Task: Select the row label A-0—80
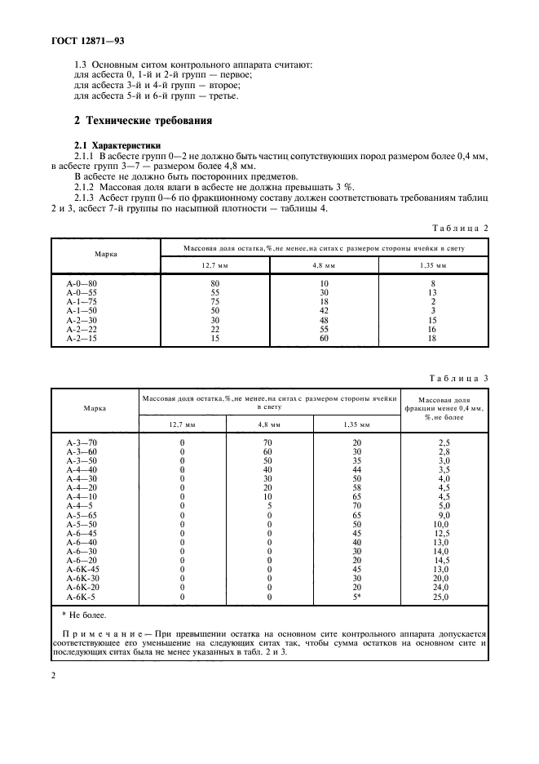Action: [x=82, y=284]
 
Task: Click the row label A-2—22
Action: [x=82, y=329]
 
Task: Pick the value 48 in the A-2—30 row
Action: [x=325, y=321]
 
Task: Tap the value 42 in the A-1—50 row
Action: [x=325, y=311]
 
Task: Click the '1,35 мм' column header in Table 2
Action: [x=433, y=265]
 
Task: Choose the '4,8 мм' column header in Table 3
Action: [x=269, y=424]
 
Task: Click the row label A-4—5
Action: [x=81, y=505]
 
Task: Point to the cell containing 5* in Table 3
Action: [x=355, y=596]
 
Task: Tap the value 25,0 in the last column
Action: [x=444, y=596]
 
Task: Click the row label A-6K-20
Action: [x=82, y=587]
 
